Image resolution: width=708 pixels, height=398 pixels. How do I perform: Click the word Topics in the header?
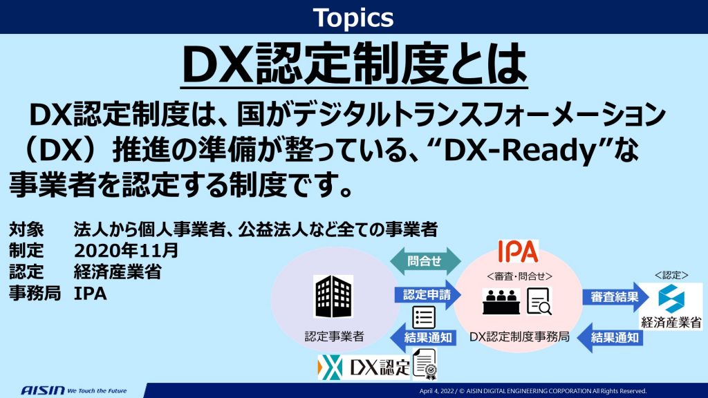click(353, 18)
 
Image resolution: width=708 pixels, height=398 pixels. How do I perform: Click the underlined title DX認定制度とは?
click(354, 64)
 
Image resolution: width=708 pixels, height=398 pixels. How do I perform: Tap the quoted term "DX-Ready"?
click(521, 151)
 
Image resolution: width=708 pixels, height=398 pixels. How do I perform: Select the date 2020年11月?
click(126, 250)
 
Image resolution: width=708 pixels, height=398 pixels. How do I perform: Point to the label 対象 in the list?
click(26, 229)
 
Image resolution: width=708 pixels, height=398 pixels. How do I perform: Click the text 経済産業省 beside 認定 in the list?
click(118, 272)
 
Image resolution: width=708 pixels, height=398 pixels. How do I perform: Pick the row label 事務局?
click(35, 293)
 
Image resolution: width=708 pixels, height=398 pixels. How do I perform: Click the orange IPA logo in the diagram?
click(518, 252)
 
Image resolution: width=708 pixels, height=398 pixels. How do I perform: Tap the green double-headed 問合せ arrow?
click(425, 260)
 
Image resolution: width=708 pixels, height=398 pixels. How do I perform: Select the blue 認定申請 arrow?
click(427, 295)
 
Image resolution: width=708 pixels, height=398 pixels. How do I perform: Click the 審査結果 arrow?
click(615, 297)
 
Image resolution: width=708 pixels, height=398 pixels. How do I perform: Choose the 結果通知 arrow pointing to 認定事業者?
click(423, 337)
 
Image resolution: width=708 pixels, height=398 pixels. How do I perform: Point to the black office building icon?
click(333, 296)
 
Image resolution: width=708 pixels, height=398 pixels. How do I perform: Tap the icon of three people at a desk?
click(501, 301)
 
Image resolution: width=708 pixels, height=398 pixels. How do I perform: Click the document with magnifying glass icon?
click(539, 301)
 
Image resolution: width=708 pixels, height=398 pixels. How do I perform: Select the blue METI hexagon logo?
click(671, 298)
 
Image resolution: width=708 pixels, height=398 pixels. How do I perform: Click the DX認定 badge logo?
click(364, 368)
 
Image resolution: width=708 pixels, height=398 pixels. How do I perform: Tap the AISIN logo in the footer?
click(43, 390)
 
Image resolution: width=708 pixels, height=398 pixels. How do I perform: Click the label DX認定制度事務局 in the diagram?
click(519, 337)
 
